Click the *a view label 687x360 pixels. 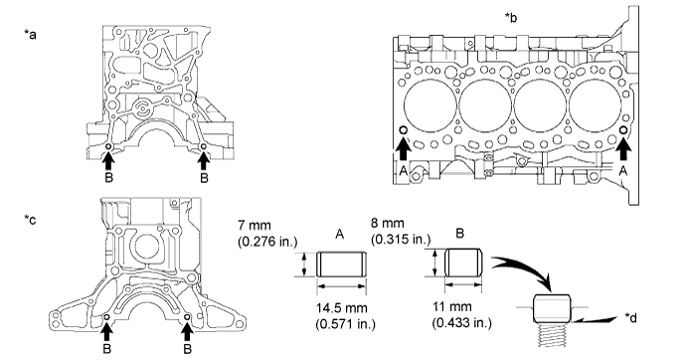pos(30,34)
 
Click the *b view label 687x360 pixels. pos(511,18)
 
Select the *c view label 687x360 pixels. pos(30,219)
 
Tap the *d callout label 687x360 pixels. pos(630,318)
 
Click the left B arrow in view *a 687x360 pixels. pos(108,161)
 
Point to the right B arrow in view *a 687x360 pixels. pos(203,161)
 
